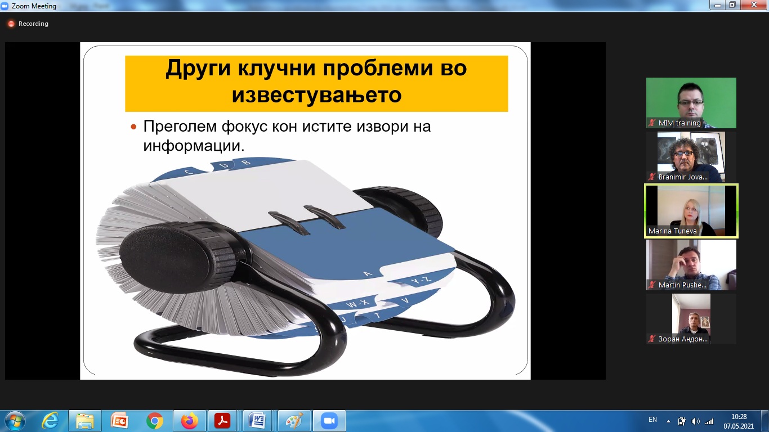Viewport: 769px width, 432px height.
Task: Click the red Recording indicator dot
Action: [x=11, y=24]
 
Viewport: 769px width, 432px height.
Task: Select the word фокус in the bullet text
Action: [x=244, y=127]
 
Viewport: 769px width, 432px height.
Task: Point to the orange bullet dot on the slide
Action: [x=133, y=127]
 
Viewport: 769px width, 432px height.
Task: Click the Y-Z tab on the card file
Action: [x=421, y=280]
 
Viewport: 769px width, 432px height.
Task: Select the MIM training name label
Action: [x=679, y=123]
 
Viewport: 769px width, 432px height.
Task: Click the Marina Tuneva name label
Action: [x=672, y=231]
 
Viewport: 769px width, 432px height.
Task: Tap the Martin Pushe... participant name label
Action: [x=682, y=285]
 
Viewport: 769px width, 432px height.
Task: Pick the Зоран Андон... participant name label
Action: [x=683, y=339]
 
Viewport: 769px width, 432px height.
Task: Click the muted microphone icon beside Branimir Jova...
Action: [x=651, y=177]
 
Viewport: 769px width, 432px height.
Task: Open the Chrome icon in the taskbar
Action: [x=155, y=421]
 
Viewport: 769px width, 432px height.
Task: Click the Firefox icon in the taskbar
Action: [x=190, y=421]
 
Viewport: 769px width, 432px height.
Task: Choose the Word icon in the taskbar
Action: [x=257, y=421]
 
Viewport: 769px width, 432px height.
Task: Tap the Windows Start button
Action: [x=15, y=421]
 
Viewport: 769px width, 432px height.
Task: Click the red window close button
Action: [x=754, y=5]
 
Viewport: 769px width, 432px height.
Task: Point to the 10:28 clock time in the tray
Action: [x=739, y=417]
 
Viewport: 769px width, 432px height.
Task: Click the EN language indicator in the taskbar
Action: [x=652, y=419]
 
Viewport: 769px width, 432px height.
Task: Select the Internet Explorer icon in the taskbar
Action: [x=50, y=421]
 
